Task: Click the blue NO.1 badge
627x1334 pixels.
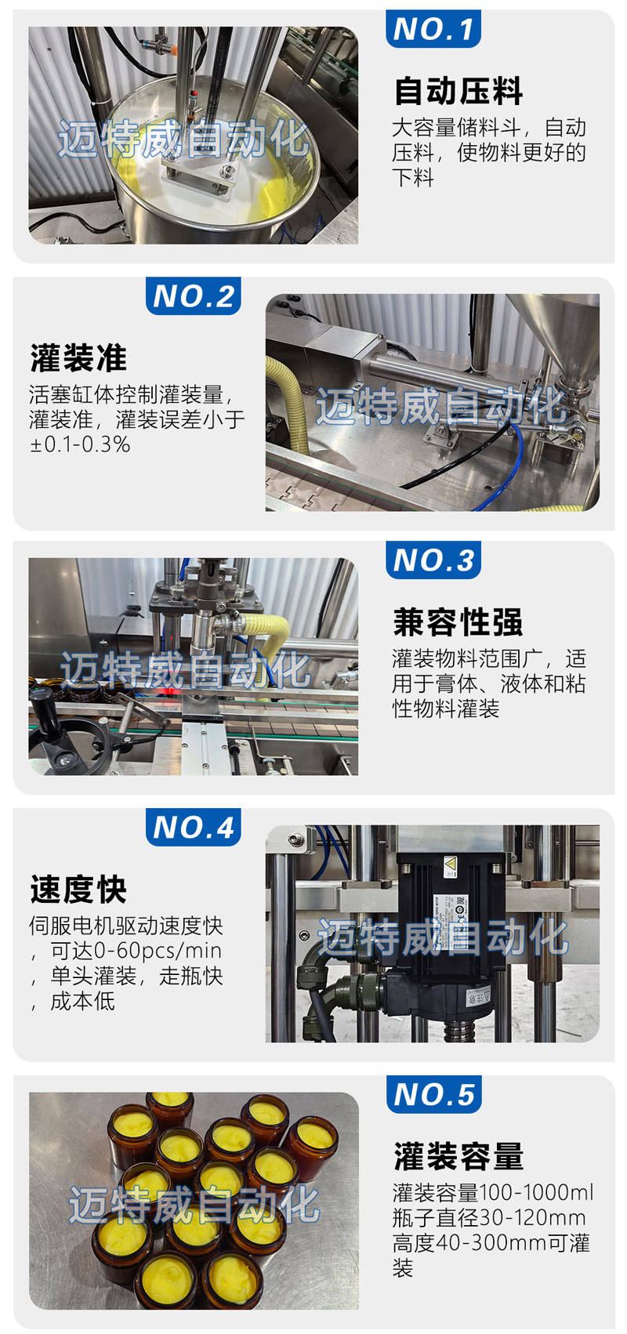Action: (433, 28)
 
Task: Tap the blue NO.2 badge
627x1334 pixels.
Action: (193, 296)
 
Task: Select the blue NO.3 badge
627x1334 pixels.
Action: (433, 560)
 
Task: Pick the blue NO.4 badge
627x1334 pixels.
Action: (193, 827)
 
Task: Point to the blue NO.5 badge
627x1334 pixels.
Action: (433, 1094)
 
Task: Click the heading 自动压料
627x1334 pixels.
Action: (458, 91)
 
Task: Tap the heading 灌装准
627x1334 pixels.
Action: (78, 358)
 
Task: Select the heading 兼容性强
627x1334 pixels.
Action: (457, 622)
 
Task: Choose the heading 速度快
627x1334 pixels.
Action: (78, 890)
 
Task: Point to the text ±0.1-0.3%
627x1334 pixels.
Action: (80, 444)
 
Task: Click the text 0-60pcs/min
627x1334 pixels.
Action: (158, 951)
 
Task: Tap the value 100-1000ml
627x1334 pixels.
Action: (537, 1193)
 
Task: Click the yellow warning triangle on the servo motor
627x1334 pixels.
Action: (451, 863)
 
